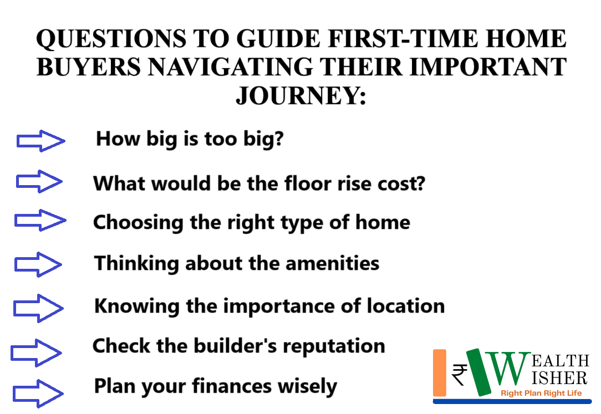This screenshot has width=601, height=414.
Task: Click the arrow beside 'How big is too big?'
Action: click(40, 141)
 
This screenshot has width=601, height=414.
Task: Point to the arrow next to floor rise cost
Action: click(39, 181)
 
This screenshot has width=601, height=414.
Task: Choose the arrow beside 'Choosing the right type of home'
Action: click(40, 220)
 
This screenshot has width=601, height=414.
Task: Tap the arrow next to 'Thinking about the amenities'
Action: click(38, 264)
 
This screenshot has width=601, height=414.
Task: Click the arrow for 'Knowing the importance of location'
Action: click(38, 308)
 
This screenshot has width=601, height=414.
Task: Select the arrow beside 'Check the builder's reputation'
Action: click(36, 352)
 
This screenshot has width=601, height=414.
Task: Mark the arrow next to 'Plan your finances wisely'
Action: click(38, 393)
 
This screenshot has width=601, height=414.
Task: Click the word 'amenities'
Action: click(332, 263)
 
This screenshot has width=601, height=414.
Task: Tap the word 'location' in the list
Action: click(406, 305)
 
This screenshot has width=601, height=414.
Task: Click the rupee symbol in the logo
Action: click(459, 374)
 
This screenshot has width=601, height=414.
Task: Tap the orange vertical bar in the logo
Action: click(440, 372)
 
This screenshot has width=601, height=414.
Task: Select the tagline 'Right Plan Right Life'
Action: click(541, 393)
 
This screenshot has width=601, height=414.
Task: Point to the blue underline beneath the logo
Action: click(512, 401)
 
